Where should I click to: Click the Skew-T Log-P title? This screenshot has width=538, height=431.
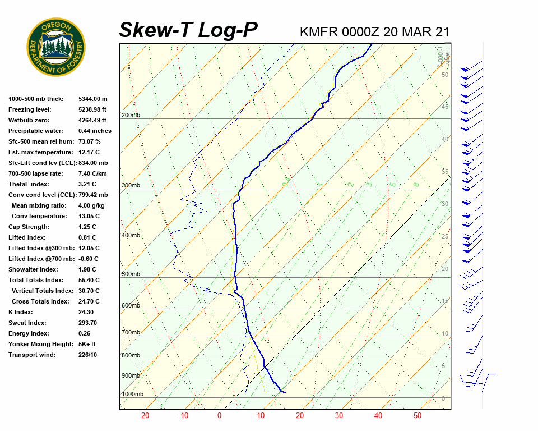[x=188, y=30]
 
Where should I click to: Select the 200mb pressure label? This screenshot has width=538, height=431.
[x=131, y=116]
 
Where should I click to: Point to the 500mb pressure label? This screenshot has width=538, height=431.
[x=131, y=274]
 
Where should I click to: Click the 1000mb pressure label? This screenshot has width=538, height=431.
[x=132, y=395]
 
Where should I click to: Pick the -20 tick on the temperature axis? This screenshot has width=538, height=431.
[x=144, y=416]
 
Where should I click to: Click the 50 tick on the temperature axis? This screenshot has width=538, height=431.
[x=417, y=416]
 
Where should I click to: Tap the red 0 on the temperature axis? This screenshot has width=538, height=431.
[x=220, y=416]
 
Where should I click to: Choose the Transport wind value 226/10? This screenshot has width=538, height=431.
[x=87, y=355]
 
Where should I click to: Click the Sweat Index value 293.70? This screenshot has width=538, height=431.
[x=87, y=323]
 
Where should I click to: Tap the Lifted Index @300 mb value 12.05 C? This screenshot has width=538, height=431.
[x=89, y=248]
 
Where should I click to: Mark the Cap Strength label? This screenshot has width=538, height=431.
[x=29, y=227]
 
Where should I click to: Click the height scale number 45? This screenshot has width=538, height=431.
[x=445, y=107]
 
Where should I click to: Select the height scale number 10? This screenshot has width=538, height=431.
[x=445, y=334]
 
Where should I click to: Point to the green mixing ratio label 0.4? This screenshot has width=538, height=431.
[x=286, y=182]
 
